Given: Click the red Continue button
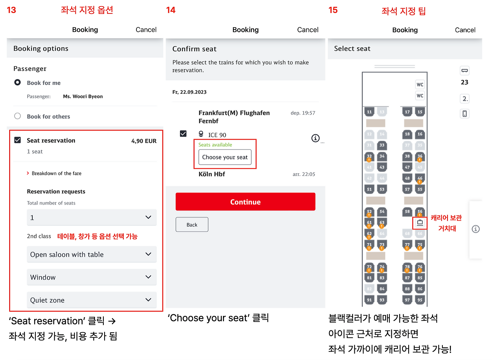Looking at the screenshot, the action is point(245,202).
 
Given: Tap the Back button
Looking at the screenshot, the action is point(192,224).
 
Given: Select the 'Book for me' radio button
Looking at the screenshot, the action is point(18,83).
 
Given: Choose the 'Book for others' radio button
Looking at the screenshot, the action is point(18,116).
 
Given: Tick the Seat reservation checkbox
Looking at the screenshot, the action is point(18,140).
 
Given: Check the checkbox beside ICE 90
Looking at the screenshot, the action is point(183,133).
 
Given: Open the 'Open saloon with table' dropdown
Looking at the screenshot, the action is point(92,254).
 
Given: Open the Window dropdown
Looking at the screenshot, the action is point(92,277).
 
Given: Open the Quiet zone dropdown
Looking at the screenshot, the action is point(92,300).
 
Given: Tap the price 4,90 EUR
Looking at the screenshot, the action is point(144,141).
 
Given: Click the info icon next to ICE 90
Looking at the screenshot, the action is point(316,138).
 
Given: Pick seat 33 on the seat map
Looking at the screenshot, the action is point(382,145).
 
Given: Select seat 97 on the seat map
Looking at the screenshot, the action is point(407,300).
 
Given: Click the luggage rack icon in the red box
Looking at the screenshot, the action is point(420,223).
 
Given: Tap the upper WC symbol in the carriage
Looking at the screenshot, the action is point(420,85).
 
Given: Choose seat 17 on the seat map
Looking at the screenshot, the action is point(407,112).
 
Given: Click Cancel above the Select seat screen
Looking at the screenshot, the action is point(465,30).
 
